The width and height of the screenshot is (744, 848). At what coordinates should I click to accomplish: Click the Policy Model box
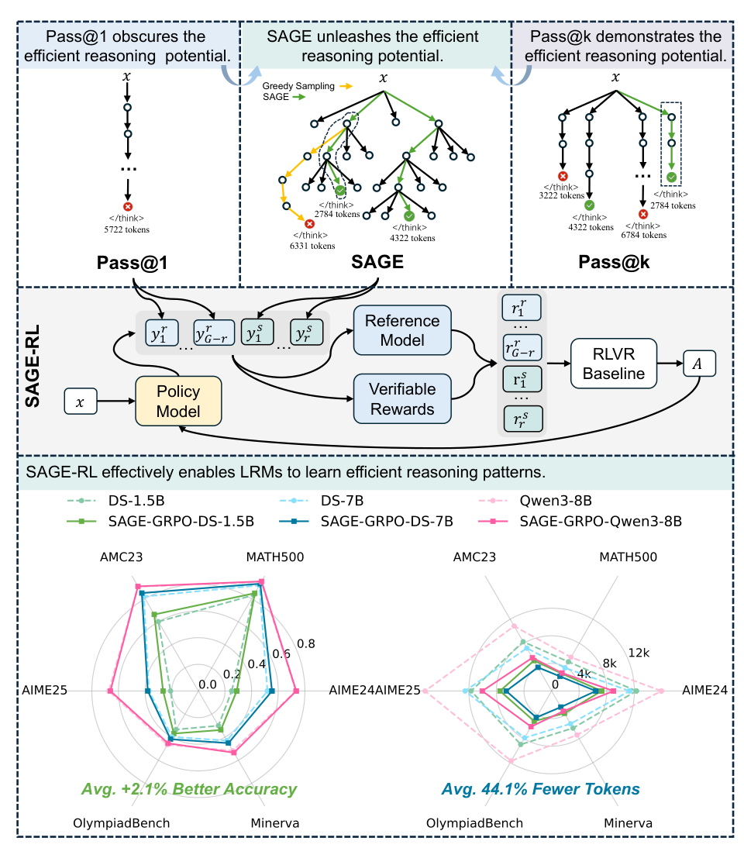(178, 401)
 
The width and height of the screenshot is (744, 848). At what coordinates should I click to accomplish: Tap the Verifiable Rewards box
(402, 397)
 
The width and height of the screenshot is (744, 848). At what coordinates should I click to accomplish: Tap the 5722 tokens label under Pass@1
(127, 229)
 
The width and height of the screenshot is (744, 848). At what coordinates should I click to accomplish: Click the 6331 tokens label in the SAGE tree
(310, 246)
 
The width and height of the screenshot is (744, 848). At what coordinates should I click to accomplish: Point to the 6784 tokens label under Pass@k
(642, 235)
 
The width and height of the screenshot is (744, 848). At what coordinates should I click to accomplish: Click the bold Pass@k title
(615, 263)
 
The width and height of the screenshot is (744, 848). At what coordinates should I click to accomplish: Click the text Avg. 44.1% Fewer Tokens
(540, 789)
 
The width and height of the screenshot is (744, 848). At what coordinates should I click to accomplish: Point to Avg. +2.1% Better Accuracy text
(189, 789)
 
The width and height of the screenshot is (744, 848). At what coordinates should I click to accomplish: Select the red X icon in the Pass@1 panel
(127, 206)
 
